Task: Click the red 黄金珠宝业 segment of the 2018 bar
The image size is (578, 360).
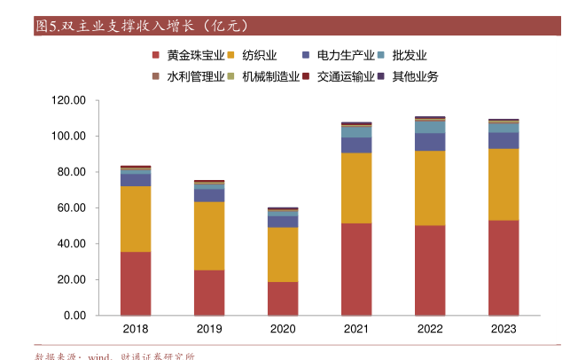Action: coord(136,284)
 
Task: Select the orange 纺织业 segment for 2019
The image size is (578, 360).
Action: coord(209,236)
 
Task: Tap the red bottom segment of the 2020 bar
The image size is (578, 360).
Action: coord(283,299)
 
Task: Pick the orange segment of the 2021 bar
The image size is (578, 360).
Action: coord(356,188)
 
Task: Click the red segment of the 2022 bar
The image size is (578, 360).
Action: coord(430,270)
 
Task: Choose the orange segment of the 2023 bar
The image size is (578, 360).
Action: coord(504,184)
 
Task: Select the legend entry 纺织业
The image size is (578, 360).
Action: coord(259,55)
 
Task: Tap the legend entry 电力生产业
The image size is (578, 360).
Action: coord(346,55)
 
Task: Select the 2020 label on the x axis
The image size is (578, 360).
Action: coord(283,330)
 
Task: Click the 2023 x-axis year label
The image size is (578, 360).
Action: coord(504,330)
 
